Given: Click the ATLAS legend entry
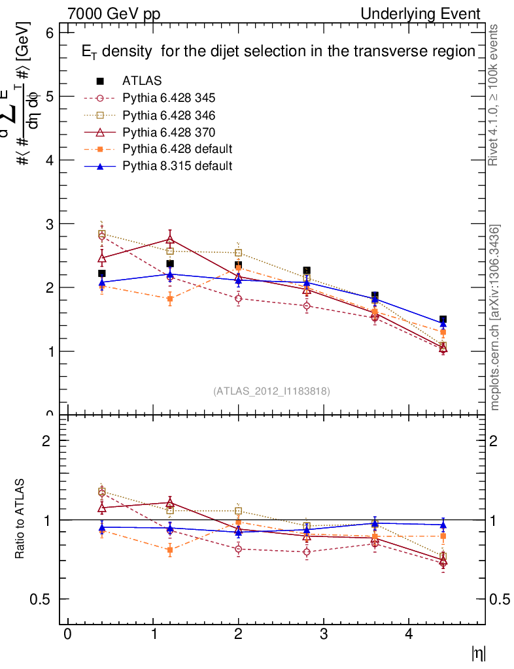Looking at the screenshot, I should tap(142, 81).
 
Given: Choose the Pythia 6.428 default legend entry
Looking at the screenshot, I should tap(177, 148).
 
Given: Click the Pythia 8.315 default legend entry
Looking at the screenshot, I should tap(177, 166).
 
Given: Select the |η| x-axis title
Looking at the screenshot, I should tap(479, 653).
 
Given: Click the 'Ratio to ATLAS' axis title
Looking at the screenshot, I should tap(20, 519).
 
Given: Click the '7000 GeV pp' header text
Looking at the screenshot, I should tap(114, 14).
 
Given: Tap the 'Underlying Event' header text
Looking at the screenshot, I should tap(420, 14).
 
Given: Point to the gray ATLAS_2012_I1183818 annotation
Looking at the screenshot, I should tap(271, 391).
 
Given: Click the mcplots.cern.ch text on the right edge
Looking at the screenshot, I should tap(496, 318).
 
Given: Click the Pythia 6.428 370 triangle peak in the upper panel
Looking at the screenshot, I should tap(170, 240).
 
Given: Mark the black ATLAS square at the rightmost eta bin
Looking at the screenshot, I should tap(443, 319).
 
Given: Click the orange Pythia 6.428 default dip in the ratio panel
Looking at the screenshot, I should tap(170, 550).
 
